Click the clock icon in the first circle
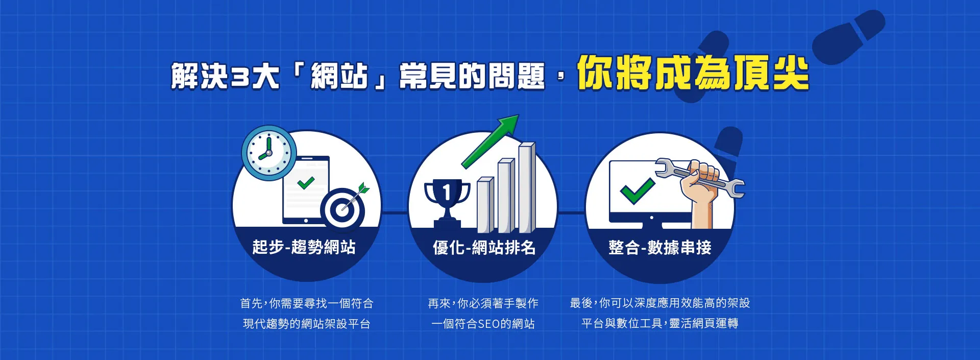click(268, 153)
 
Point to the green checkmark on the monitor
click(638, 191)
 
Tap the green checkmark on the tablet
click(306, 182)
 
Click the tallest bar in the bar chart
click(527, 187)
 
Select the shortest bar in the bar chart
click(485, 205)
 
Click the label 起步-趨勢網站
click(304, 247)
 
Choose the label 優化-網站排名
click(484, 248)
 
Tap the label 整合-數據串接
click(660, 248)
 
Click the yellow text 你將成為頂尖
click(693, 73)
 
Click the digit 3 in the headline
click(239, 77)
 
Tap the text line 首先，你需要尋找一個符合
click(307, 303)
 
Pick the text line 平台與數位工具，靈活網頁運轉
click(660, 323)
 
